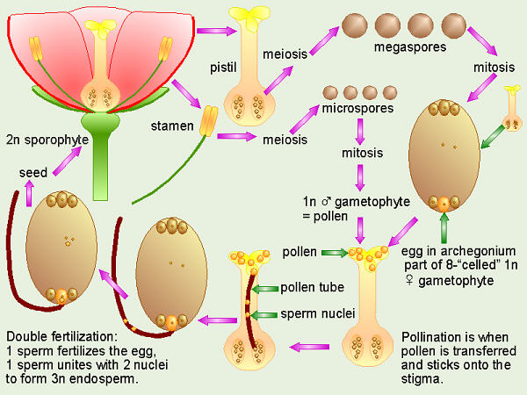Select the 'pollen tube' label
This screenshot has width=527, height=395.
pyautogui.click(x=311, y=288)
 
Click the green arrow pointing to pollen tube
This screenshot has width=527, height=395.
pyautogui.click(x=263, y=288)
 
